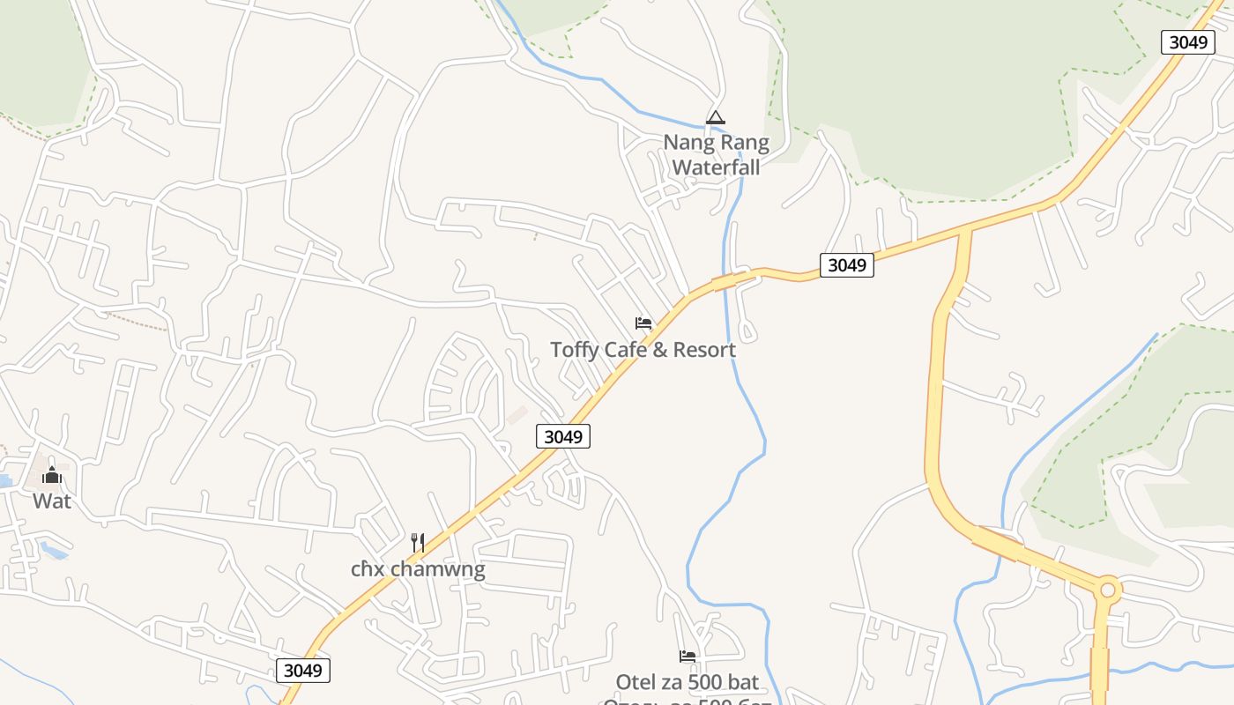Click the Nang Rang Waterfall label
click(716, 153)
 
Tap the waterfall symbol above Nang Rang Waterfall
click(716, 117)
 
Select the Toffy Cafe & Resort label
click(643, 350)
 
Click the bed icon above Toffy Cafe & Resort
click(643, 323)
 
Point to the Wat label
click(52, 501)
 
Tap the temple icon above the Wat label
click(52, 476)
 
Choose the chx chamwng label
click(418, 569)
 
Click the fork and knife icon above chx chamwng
click(418, 542)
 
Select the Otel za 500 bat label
click(688, 682)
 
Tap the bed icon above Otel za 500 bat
click(688, 657)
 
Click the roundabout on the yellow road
click(1107, 590)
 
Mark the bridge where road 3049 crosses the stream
click(725, 281)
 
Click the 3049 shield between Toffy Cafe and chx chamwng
click(563, 436)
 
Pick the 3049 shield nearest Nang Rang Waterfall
click(846, 264)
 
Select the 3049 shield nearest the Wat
click(303, 671)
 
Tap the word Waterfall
click(716, 166)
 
